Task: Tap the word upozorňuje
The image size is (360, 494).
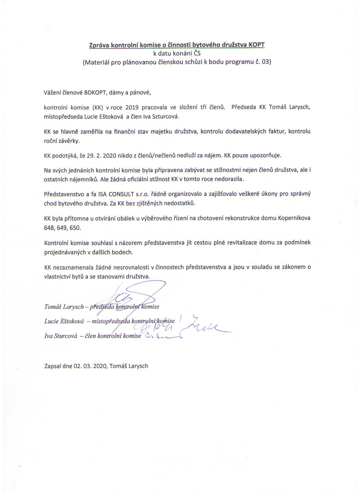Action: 265,155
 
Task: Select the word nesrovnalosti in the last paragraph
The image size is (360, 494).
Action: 123,267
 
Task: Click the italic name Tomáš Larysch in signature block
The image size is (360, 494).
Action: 64,307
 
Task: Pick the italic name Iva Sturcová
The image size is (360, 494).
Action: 61,336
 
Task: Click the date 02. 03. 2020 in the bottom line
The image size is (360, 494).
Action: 90,366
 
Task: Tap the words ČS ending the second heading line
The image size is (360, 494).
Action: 197,54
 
